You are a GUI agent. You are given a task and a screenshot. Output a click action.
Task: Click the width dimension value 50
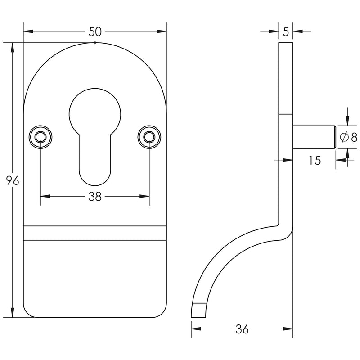95,31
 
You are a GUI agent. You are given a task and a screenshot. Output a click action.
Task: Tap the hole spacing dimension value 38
95,197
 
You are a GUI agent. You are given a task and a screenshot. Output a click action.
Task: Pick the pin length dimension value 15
315,160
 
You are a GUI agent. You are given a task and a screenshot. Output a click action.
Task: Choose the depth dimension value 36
242,329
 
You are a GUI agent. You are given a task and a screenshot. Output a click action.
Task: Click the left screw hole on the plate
40,136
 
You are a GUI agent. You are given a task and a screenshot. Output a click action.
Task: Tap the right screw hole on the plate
149,136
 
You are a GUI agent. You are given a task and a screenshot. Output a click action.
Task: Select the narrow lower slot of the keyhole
95,162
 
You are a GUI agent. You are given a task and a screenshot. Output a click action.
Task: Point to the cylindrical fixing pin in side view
314,137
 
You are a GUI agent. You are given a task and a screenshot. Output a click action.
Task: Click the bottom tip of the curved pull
199,310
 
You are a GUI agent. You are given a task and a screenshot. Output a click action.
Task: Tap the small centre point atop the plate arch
95,43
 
